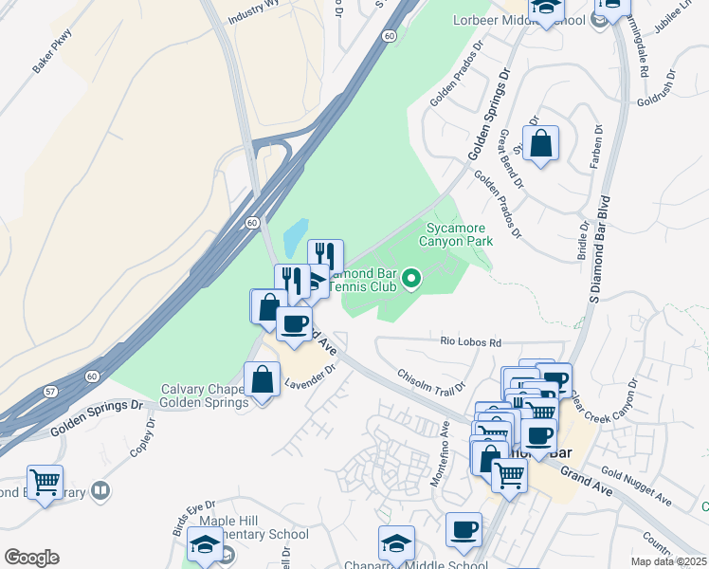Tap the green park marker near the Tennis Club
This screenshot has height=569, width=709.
tap(411, 279)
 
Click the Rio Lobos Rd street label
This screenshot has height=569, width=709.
tap(468, 341)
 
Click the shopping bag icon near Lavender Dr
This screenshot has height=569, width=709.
tap(261, 380)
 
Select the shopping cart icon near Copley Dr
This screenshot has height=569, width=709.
tap(45, 482)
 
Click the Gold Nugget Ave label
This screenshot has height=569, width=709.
tap(635, 488)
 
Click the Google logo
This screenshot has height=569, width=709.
tap(31, 558)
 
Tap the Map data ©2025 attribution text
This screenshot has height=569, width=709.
tap(669, 561)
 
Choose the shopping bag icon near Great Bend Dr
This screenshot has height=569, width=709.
tap(540, 144)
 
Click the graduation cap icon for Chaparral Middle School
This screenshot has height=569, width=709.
tap(396, 543)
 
